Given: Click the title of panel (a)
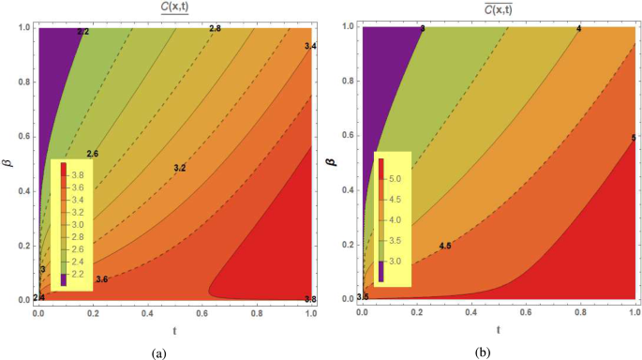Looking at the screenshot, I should (x=174, y=10).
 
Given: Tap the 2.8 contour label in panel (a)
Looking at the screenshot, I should (x=214, y=30).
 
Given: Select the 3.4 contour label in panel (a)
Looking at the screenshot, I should (x=311, y=46).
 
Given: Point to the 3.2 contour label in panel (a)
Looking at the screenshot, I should (x=179, y=168).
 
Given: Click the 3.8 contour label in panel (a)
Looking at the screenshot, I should (x=311, y=299).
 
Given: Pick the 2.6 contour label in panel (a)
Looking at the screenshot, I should (x=92, y=153).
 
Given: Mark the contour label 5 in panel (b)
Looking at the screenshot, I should (x=635, y=139).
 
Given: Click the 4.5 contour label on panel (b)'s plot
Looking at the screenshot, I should (x=445, y=246).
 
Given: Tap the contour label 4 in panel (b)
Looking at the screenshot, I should (x=579, y=30).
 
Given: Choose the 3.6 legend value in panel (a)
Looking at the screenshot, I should (x=79, y=187).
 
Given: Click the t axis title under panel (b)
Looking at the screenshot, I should (x=499, y=329).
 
